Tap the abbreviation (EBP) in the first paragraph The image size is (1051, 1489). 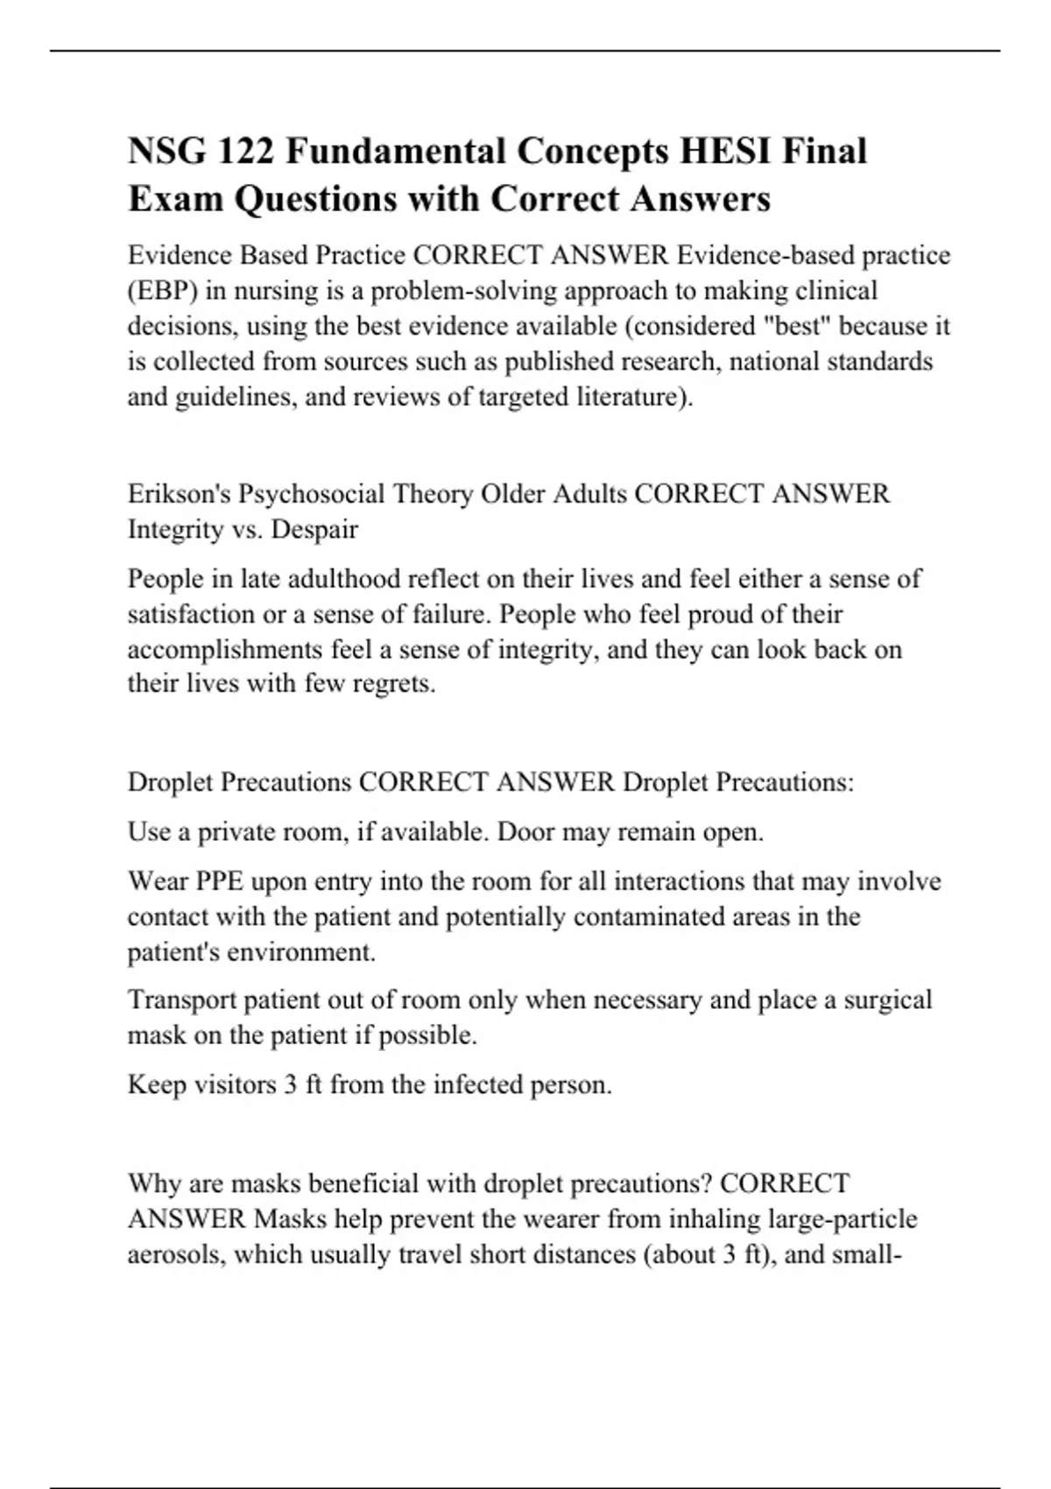163,291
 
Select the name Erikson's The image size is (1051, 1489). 180,494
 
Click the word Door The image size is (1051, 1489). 525,831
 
